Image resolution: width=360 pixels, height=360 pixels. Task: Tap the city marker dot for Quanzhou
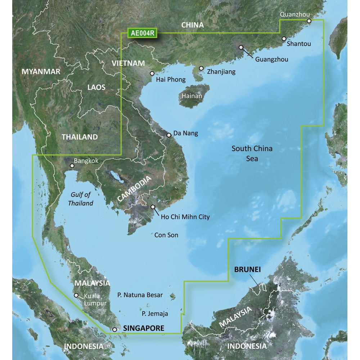(x=309, y=21)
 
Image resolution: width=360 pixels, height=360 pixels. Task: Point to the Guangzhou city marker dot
(x=241, y=47)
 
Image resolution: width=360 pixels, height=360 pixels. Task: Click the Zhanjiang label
(x=221, y=72)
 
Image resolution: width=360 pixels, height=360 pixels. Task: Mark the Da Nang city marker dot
(x=169, y=135)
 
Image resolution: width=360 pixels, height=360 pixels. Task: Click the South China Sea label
(x=252, y=153)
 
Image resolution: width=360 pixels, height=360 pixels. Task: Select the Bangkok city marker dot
(x=72, y=166)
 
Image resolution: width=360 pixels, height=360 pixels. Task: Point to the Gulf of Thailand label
(x=80, y=199)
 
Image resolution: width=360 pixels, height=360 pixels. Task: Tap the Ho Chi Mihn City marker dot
(x=153, y=207)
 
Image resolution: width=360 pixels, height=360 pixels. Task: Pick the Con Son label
(x=166, y=235)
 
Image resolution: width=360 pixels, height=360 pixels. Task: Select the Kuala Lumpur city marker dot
(x=76, y=296)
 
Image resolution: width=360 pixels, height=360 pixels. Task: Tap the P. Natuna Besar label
(x=140, y=295)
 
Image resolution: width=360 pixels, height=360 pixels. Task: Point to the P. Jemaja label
(x=155, y=314)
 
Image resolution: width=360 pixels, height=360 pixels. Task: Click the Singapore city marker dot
(x=114, y=329)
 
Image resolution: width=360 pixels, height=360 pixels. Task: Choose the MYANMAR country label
(x=41, y=72)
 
